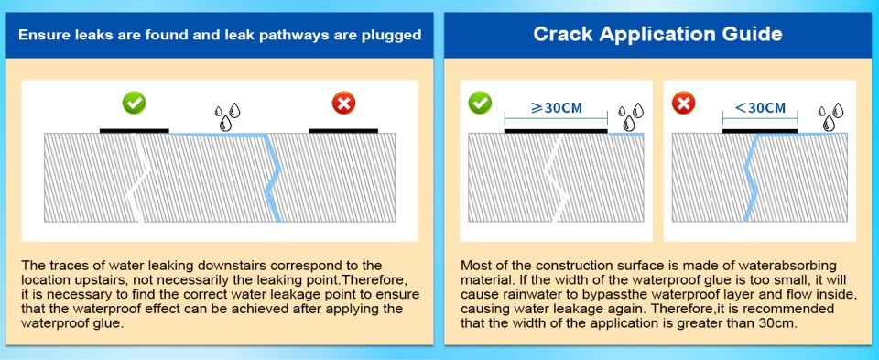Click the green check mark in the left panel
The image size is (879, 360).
click(135, 103)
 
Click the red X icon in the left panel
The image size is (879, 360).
click(343, 104)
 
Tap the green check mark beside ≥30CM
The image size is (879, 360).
click(480, 103)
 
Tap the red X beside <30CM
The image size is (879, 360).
click(683, 103)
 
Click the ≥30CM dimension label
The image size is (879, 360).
click(556, 108)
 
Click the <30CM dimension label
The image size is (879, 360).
click(760, 108)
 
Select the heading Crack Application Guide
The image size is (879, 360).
click(657, 34)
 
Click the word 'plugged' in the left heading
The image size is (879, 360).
click(390, 36)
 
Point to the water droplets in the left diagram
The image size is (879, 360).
click(227, 117)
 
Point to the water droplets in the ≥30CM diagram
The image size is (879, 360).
click(631, 117)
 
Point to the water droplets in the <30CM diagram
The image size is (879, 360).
click(830, 117)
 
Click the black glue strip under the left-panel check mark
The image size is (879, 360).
click(134, 131)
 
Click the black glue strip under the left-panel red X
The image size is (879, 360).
click(343, 131)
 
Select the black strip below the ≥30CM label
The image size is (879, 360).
click(556, 131)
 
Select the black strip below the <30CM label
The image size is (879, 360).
click(760, 131)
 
